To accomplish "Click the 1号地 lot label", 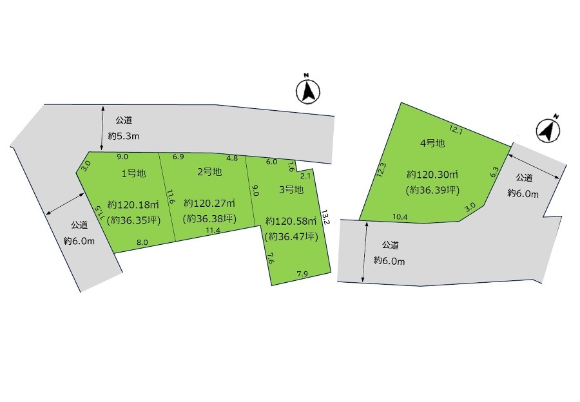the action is [x=133, y=173].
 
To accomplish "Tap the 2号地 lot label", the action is [x=209, y=171].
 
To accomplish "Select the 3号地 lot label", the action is [x=291, y=189].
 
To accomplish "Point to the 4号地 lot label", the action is [x=432, y=143].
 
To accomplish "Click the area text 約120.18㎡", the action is [x=133, y=204].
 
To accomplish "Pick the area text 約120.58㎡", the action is [x=291, y=221].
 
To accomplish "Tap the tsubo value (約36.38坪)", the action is [x=209, y=218].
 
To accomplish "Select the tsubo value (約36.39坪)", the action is [x=432, y=190].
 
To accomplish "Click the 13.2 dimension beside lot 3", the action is [x=325, y=217].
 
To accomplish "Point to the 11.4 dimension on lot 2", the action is [x=213, y=230].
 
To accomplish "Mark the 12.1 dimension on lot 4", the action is [x=456, y=129].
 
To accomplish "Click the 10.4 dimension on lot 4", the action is [x=400, y=217].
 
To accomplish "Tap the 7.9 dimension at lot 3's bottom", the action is [x=302, y=274].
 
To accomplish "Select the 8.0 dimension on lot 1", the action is [x=142, y=243].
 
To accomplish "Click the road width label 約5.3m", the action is [x=124, y=136].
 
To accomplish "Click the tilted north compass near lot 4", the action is [x=548, y=129].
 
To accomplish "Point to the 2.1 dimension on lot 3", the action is [x=305, y=176].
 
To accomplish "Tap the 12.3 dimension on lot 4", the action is [x=382, y=171].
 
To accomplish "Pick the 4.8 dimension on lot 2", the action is [x=232, y=158].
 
